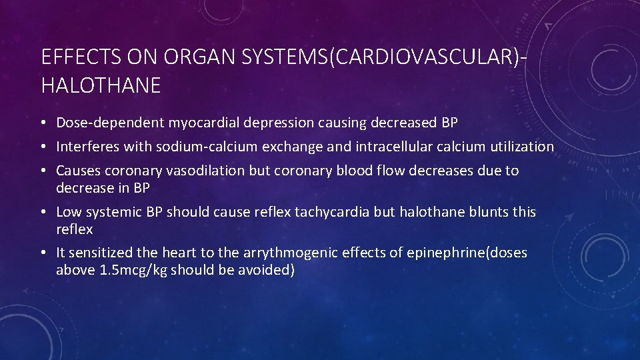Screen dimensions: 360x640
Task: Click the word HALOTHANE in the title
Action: (101, 85)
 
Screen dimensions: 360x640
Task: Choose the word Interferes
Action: (86, 147)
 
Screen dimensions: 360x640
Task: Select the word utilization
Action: (521, 147)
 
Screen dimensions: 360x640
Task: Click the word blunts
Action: (487, 212)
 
